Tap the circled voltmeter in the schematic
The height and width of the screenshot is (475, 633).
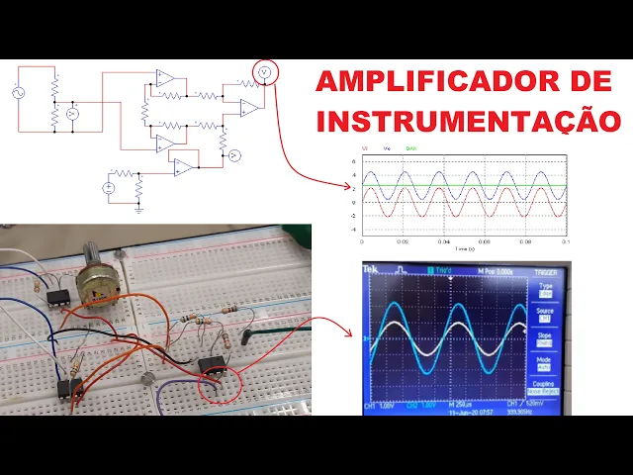(x=264, y=72)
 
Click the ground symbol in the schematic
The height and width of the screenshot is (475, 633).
(x=138, y=208)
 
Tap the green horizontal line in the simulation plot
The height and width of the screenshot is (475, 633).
(x=464, y=186)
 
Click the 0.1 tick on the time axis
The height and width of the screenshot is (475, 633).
(x=565, y=241)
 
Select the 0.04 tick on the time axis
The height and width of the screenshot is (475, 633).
(x=443, y=241)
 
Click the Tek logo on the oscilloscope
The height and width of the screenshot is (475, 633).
(x=371, y=269)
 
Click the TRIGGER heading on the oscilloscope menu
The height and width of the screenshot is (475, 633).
(x=545, y=270)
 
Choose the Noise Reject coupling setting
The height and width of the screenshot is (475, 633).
(x=544, y=391)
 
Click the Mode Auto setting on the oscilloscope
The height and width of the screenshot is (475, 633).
(x=545, y=363)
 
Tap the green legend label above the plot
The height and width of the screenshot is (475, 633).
(x=411, y=147)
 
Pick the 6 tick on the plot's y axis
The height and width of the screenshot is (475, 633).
(x=354, y=161)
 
